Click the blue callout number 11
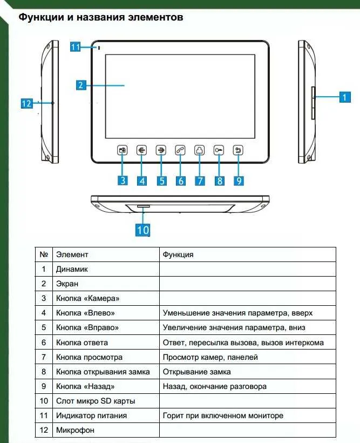[76, 47]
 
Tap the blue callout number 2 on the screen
[80, 85]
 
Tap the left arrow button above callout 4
[141, 151]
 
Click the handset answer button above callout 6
[180, 151]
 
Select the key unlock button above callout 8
[219, 151]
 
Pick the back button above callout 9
[239, 151]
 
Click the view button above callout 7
[200, 151]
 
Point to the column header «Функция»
[178, 254]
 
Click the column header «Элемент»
[72, 254]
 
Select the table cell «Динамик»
[72, 269]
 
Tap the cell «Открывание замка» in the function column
[196, 372]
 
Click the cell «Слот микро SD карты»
[96, 401]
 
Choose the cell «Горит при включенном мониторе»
[223, 415]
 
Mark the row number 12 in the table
[44, 430]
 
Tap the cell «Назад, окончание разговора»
[214, 386]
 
